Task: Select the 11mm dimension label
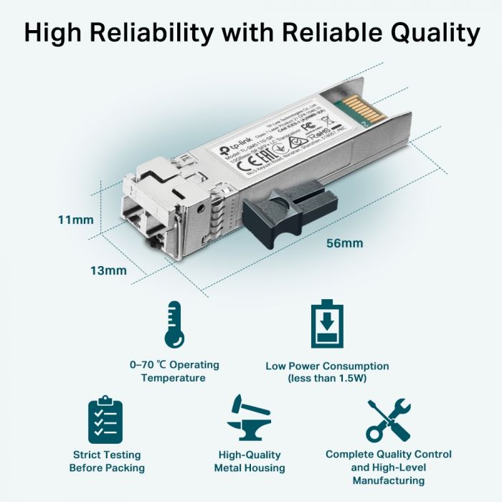[75, 219]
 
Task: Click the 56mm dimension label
[344, 243]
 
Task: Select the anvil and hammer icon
[249, 418]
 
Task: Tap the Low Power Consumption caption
[327, 366]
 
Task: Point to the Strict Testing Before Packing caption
[107, 461]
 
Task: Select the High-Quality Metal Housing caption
[250, 461]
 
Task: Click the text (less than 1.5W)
[327, 378]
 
